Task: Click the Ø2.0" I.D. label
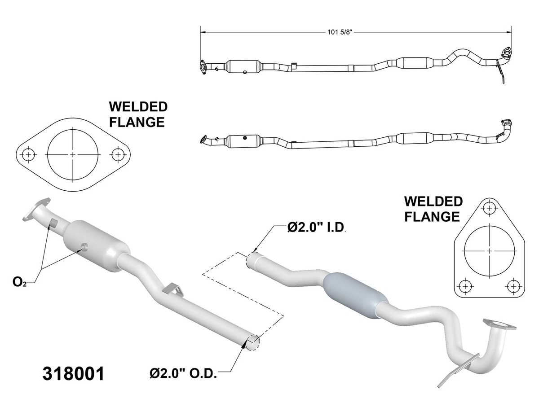click(316, 228)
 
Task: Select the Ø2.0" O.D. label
click(184, 373)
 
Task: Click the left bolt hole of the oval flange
click(28, 154)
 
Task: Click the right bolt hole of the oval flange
click(118, 154)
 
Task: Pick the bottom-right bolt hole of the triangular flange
click(512, 285)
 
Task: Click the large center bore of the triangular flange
click(489, 250)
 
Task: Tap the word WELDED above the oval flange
click(138, 107)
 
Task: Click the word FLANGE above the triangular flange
click(432, 216)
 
